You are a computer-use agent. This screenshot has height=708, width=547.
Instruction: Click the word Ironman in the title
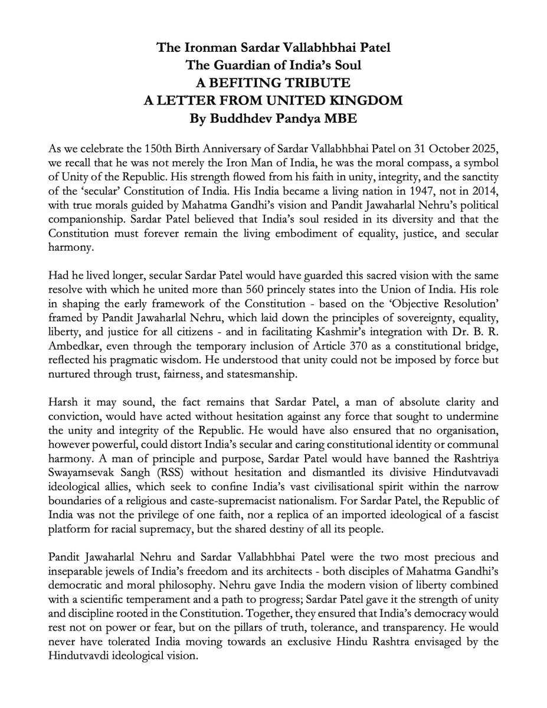tap(203, 47)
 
